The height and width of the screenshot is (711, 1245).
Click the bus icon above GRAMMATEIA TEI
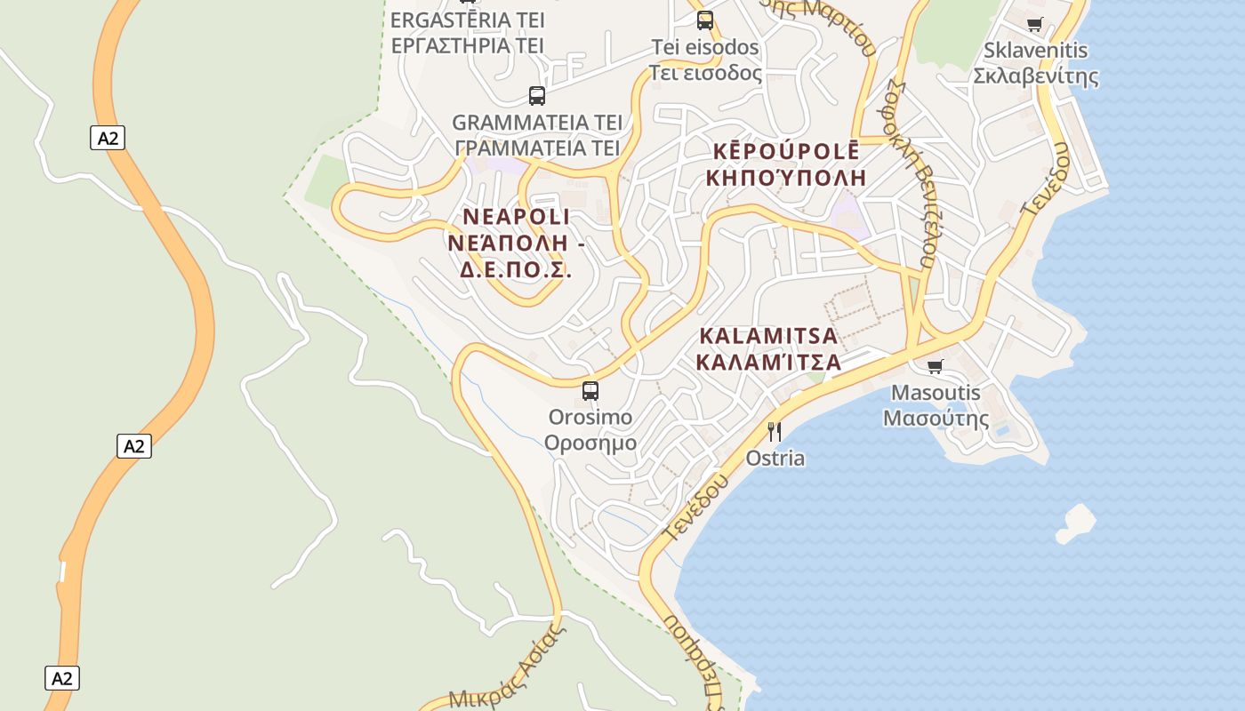537,95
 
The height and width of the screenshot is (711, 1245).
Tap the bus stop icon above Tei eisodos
705,20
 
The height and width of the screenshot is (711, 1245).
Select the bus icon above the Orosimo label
590,390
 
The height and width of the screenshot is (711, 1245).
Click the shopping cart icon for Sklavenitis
1034,24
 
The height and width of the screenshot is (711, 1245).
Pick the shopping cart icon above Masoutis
935,366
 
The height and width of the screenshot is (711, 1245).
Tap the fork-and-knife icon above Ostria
775,432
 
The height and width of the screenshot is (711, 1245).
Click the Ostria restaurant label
775,459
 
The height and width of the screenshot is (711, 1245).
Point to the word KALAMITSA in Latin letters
769,336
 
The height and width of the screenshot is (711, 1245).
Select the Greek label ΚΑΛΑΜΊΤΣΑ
769,362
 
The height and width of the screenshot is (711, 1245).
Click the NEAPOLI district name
517,217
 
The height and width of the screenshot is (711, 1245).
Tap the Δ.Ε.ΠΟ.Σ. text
516,269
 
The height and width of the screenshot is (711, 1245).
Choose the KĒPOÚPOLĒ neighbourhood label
783,150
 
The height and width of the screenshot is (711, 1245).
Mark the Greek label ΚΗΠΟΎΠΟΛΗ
786,177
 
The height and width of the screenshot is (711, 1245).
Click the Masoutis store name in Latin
936,393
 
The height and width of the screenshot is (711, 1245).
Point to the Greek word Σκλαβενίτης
1036,76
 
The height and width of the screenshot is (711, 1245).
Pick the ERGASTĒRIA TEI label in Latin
468,20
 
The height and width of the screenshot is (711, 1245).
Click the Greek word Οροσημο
590,443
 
